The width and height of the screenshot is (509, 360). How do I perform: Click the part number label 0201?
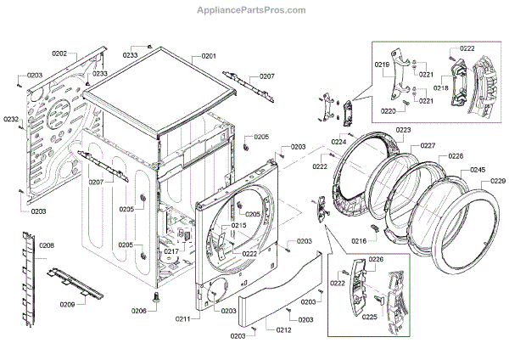pyautogui.click(x=209, y=56)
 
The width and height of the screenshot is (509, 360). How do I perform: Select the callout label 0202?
pyautogui.click(x=59, y=53)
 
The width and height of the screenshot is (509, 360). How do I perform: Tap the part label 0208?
pyautogui.click(x=47, y=245)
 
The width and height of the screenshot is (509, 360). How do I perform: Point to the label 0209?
pyautogui.click(x=67, y=303)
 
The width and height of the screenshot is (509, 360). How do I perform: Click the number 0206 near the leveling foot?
pyautogui.click(x=139, y=311)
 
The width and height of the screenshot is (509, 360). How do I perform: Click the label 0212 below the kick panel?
pyautogui.click(x=283, y=329)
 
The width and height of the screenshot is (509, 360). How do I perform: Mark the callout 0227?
pyautogui.click(x=428, y=145)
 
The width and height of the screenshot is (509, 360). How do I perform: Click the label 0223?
pyautogui.click(x=403, y=130)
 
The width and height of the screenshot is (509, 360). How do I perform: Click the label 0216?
pyautogui.click(x=359, y=242)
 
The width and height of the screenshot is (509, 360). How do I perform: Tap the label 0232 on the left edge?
pyautogui.click(x=11, y=119)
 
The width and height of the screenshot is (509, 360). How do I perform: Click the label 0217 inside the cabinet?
pyautogui.click(x=171, y=251)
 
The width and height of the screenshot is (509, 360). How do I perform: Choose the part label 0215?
pyautogui.click(x=238, y=225)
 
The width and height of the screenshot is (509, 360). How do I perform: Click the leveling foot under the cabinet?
pyautogui.click(x=158, y=298)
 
